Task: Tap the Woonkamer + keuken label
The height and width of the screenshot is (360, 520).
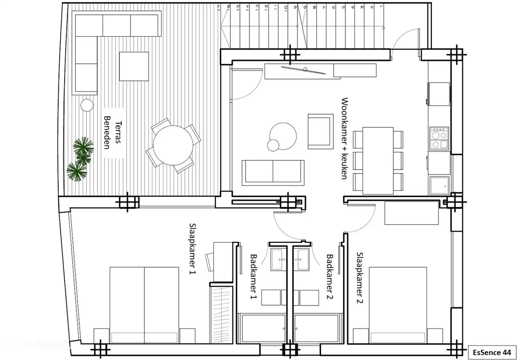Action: (x=344, y=138)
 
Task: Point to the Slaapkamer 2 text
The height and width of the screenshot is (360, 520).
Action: (x=359, y=277)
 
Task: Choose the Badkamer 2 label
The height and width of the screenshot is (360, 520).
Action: (x=330, y=276)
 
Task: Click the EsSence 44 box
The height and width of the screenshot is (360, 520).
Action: (x=492, y=352)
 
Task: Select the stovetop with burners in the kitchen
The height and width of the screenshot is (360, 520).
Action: (x=439, y=138)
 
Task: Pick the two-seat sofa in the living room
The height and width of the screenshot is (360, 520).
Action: (x=273, y=172)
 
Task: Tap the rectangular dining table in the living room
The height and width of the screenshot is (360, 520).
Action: (x=378, y=160)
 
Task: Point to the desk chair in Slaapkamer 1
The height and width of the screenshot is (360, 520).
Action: (x=210, y=261)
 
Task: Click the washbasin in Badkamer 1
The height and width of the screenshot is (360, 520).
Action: (x=279, y=259)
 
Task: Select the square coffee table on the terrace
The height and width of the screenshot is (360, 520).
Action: (x=134, y=66)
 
